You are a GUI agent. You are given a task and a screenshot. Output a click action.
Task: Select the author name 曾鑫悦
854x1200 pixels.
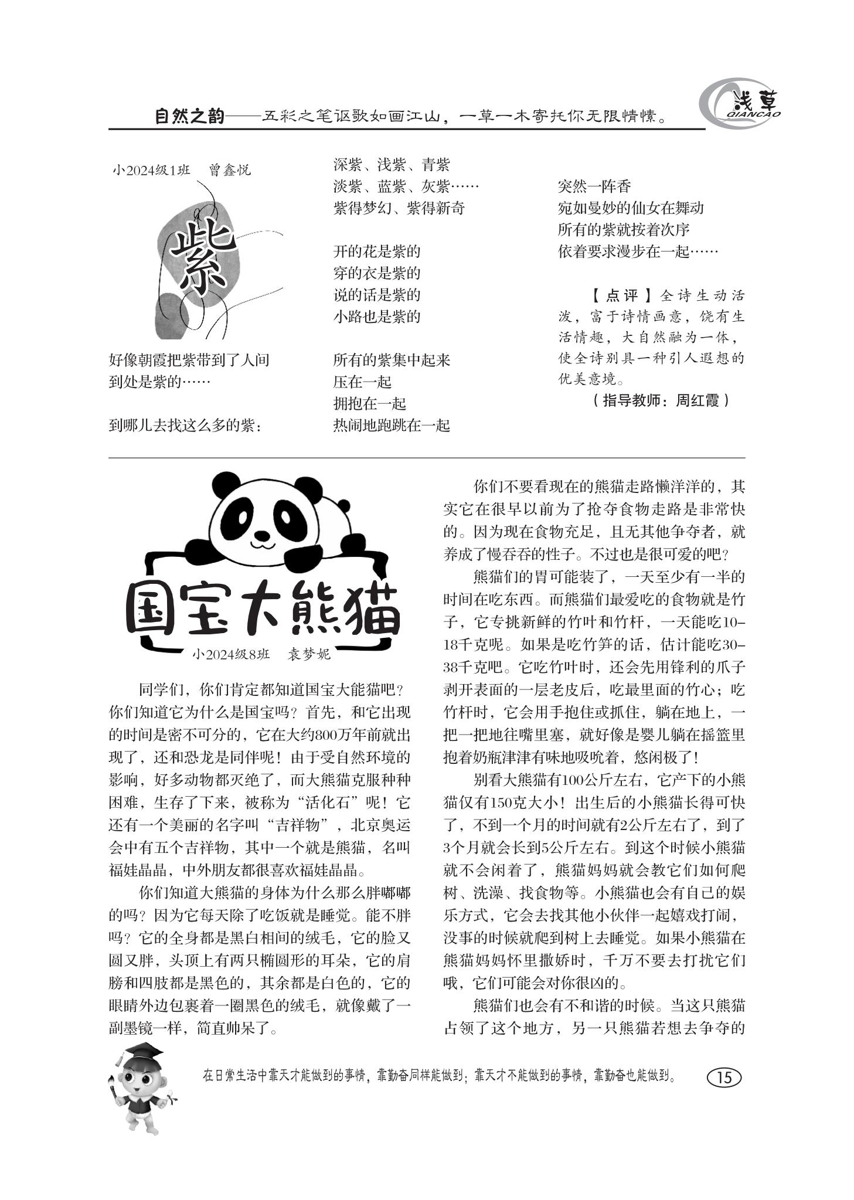click(229, 170)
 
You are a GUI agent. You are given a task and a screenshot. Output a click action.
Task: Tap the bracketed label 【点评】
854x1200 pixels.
click(620, 295)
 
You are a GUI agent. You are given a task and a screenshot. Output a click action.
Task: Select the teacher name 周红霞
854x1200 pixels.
click(697, 401)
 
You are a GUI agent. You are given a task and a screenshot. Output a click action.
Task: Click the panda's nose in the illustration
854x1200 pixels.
click(262, 534)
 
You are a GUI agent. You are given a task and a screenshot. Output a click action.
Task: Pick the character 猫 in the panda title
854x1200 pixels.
click(370, 611)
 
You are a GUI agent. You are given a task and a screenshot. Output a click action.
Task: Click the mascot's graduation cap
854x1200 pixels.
click(144, 1052)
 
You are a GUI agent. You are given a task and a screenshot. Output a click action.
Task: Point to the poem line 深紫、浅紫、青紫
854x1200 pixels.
click(392, 165)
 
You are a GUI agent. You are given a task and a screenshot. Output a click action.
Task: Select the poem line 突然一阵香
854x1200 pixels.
click(594, 186)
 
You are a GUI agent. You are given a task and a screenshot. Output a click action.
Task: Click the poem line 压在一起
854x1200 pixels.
click(362, 382)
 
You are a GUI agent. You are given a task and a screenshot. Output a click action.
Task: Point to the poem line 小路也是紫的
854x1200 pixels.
click(377, 317)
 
